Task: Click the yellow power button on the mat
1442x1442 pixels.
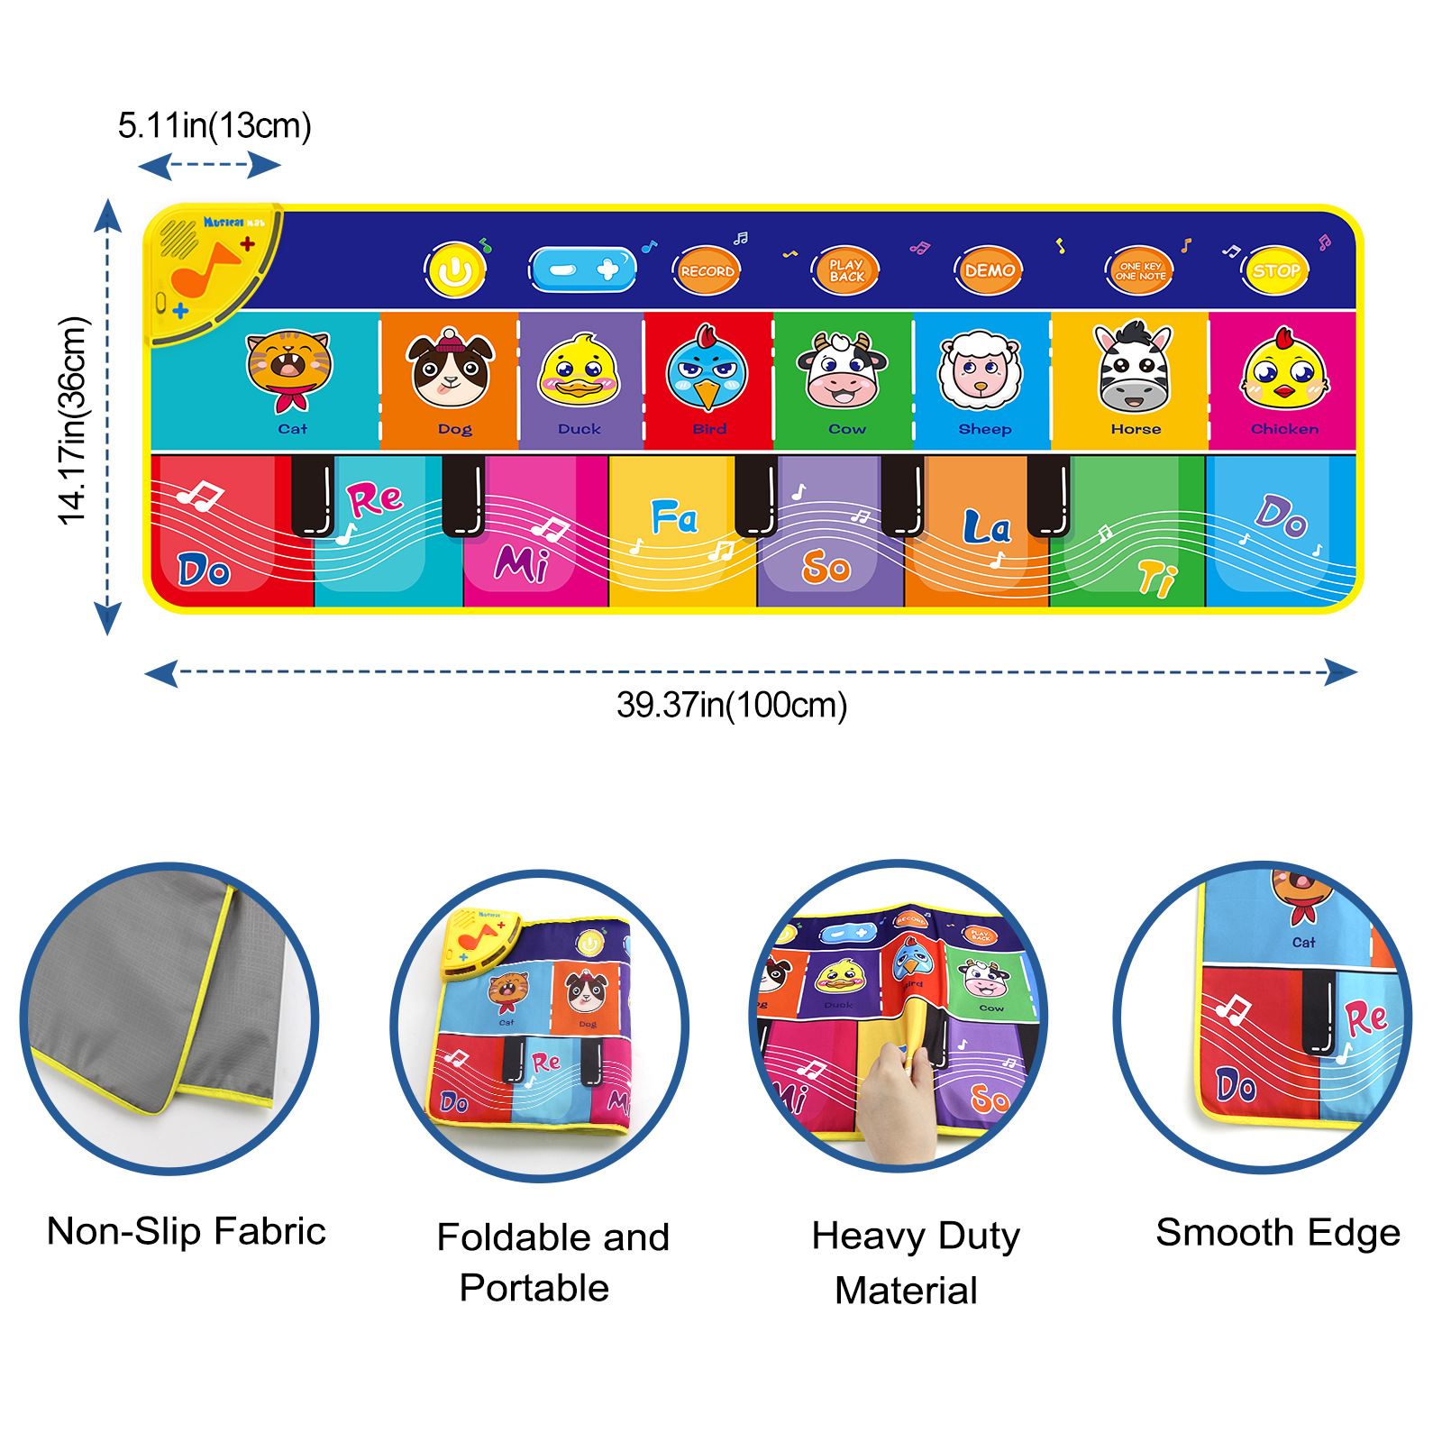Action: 455,269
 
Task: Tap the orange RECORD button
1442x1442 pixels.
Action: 707,270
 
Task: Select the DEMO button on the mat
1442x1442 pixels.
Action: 989,270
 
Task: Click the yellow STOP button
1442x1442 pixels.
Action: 1275,270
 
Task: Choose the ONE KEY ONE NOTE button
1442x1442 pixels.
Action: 1139,270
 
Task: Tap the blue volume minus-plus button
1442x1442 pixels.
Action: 583,269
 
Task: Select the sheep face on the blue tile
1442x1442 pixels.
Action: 980,370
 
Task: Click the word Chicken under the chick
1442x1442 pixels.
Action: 1284,429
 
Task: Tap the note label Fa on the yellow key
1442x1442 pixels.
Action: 674,518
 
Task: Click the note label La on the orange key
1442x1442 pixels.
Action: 986,528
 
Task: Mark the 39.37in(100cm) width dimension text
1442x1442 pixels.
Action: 732,705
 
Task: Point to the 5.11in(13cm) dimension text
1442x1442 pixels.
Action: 214,125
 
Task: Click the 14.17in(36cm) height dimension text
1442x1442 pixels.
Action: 72,420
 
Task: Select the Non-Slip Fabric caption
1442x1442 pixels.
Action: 186,1231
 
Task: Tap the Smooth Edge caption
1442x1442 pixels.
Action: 1278,1232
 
